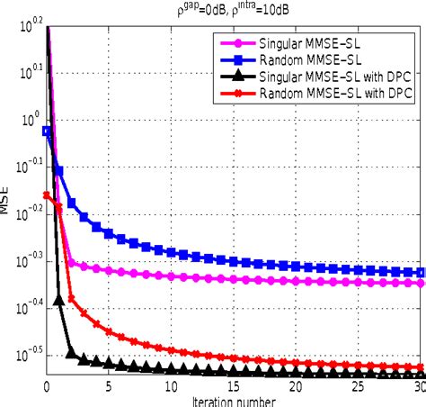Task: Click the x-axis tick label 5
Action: [109, 387]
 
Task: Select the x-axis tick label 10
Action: [171, 387]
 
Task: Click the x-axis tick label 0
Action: [47, 387]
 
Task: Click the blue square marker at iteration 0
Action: [47, 131]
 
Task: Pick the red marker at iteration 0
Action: [47, 194]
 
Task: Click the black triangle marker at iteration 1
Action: [59, 301]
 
